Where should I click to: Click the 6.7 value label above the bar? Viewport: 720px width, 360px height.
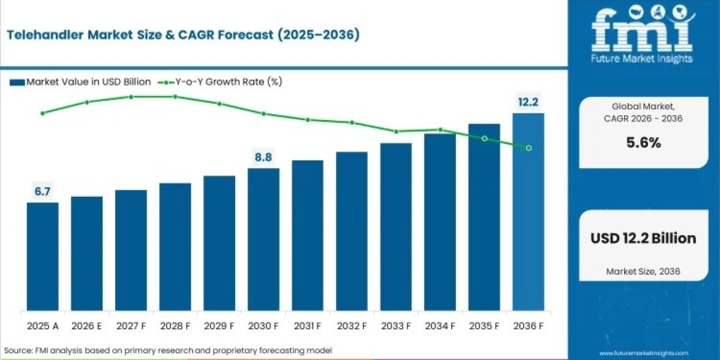[x=43, y=192]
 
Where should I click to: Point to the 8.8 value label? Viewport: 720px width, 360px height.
[x=263, y=158]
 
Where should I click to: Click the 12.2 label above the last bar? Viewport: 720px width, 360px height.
[x=528, y=102]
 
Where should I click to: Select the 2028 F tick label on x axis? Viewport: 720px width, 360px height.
[x=175, y=326]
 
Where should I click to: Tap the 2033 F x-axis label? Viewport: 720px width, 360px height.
[x=396, y=326]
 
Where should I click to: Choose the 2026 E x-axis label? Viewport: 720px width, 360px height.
[x=87, y=326]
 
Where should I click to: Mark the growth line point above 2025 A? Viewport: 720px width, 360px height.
[x=43, y=113]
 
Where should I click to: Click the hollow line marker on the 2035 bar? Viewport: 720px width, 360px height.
[x=484, y=138]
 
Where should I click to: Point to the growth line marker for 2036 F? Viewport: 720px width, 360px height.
[x=529, y=148]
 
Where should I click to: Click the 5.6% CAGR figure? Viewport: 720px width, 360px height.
[x=643, y=143]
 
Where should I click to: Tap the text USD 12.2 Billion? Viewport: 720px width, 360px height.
[x=643, y=238]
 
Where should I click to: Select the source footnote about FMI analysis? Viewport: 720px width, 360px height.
[x=168, y=350]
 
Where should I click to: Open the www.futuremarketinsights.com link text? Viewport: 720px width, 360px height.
[x=643, y=353]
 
